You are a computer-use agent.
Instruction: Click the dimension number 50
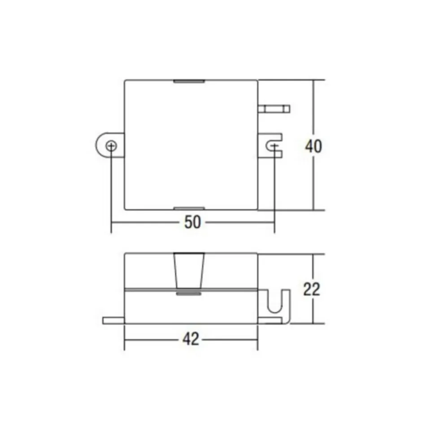[x=192, y=223]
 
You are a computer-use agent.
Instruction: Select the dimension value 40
[x=313, y=146]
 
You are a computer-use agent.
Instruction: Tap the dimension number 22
[x=312, y=289]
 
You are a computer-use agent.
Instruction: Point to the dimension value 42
[x=191, y=340]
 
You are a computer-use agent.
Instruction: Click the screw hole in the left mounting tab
[x=111, y=146]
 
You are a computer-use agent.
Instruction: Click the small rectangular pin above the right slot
[x=274, y=108]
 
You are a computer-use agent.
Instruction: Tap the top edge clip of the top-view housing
[x=189, y=82]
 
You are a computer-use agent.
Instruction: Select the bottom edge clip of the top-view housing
[x=189, y=208]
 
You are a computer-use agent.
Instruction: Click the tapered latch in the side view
[x=189, y=271]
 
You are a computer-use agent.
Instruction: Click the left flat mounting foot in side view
[x=113, y=320]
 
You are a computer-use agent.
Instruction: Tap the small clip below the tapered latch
[x=189, y=294]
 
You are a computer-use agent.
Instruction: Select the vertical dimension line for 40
[x=313, y=112]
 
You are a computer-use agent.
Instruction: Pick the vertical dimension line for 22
[x=313, y=269]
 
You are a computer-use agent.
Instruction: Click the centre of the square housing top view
[x=191, y=145]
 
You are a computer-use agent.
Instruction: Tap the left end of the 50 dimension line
[x=112, y=223]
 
